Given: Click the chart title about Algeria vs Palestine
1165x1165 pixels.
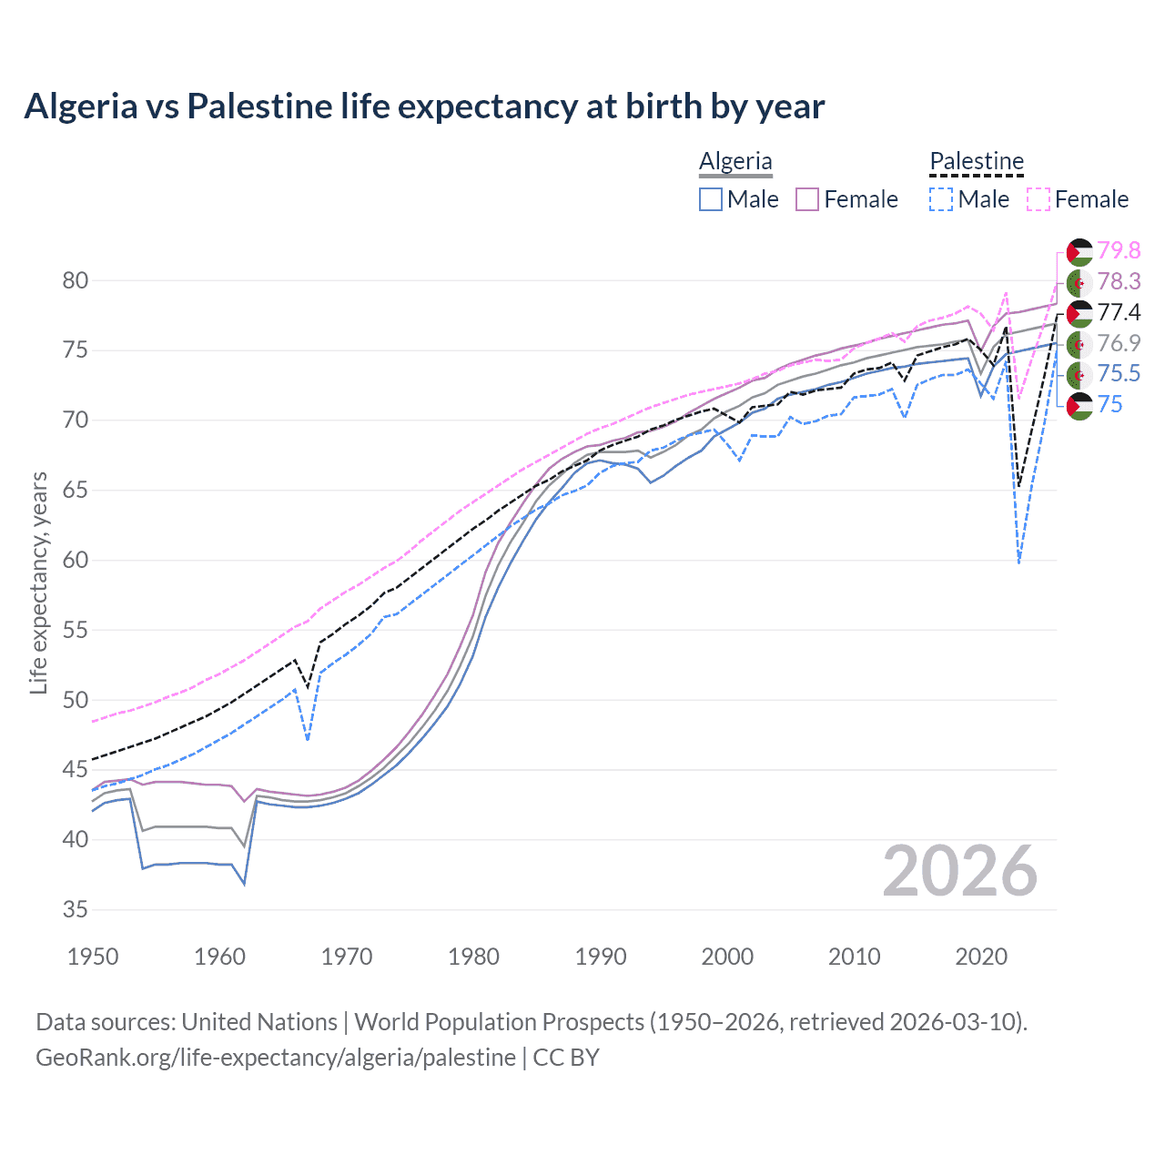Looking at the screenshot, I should pos(424,106).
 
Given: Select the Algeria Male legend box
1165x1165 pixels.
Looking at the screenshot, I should pos(711,199).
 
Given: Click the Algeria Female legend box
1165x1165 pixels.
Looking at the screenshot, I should pos(807,199).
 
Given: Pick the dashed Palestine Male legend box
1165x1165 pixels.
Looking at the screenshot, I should pos(941,199).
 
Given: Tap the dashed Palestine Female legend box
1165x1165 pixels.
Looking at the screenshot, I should pos(1038,199).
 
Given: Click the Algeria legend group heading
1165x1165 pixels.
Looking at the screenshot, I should pos(735,162).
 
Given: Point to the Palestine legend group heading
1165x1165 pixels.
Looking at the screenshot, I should pos(977,162).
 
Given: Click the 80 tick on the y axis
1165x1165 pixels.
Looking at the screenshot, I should pos(75,280).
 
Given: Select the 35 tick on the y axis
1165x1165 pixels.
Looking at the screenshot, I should pos(75,909).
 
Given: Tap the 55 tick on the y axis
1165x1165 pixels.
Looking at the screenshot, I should pos(75,630).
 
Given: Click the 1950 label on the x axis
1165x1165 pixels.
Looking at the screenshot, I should pos(93,957).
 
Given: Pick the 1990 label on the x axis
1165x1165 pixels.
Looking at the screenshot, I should pos(601,957).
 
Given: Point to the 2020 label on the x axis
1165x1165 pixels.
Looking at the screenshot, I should pos(981,957).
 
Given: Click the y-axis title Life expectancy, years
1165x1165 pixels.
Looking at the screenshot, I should pos(38,582).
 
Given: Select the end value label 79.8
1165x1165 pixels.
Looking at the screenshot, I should pos(1119,250).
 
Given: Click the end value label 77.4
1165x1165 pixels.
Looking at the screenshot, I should pos(1119,312).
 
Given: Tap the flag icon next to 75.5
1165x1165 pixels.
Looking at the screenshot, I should pos(1079,374).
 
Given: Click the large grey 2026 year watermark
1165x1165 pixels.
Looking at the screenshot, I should pos(960,871).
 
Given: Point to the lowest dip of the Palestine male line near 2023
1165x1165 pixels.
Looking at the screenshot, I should pos(1018,562).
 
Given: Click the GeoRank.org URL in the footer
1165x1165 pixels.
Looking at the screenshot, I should pos(275,1058).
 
